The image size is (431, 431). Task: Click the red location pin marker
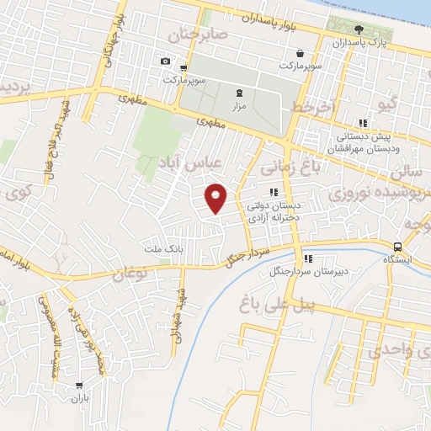pos(216,197)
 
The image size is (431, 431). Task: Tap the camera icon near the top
pos(165,61)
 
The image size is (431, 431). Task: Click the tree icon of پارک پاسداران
pos(359,29)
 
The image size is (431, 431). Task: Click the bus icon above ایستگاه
pos(397,247)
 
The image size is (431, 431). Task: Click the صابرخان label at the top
pos(198,35)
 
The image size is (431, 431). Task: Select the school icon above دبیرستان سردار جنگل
pos(308,258)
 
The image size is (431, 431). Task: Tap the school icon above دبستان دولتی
pos(273,192)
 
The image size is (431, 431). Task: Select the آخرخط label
pos(313,107)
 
